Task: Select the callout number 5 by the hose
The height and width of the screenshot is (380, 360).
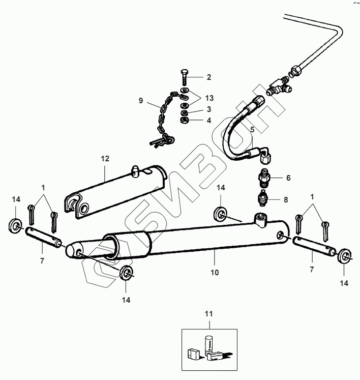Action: (x=252, y=130)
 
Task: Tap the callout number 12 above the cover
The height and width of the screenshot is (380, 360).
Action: (x=105, y=159)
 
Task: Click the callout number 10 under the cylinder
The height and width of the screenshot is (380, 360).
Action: (x=215, y=272)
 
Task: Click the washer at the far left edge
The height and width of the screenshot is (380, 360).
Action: (x=15, y=224)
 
